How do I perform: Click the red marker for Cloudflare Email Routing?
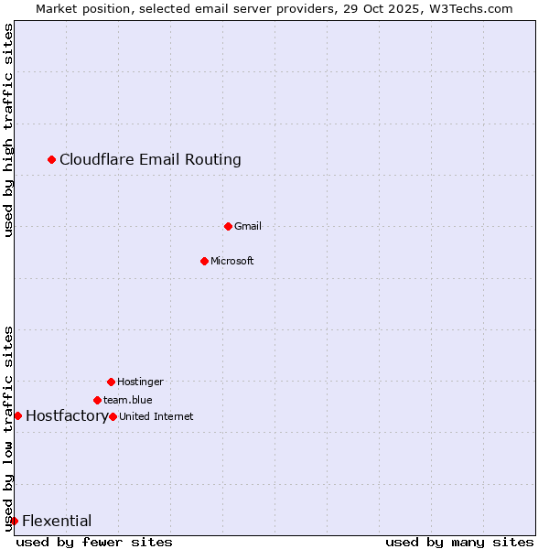[51, 160]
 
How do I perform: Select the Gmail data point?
[228, 226]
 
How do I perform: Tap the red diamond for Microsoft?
[204, 261]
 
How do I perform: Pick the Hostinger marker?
[111, 382]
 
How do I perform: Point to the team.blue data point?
[97, 400]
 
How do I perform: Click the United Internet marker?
[113, 416]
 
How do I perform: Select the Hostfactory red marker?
[17, 415]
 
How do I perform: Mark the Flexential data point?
[14, 521]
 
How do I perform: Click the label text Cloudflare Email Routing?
[150, 160]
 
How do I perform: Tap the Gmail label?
[247, 226]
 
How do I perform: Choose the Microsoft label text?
[231, 261]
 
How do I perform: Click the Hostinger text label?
[140, 382]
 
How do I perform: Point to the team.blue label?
[127, 400]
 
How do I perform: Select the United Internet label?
[156, 416]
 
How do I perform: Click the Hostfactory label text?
[66, 415]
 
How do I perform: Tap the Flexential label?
[57, 522]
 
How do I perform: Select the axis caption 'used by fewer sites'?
[94, 542]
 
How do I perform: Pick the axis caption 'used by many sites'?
[458, 542]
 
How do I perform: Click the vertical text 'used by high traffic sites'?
[8, 130]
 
